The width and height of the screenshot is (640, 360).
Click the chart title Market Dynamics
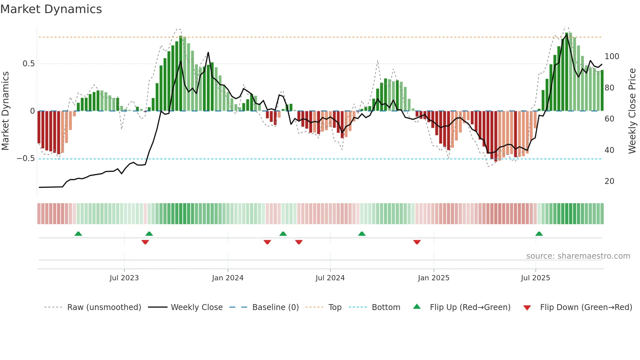[51, 9]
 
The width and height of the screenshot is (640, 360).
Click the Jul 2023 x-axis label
[124, 278]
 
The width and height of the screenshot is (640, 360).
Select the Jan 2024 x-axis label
[228, 278]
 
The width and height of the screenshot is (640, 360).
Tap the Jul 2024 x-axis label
[330, 278]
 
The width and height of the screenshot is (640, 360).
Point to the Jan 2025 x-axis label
[434, 278]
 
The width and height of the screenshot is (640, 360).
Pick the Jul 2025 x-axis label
[536, 278]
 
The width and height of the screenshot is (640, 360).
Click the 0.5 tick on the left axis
[29, 64]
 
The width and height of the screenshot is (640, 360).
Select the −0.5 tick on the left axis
[26, 159]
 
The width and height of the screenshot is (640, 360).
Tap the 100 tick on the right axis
[612, 57]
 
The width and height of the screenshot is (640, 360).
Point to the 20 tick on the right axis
[609, 181]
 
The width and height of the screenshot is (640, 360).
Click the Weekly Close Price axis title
[632, 111]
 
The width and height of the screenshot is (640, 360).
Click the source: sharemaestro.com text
[578, 256]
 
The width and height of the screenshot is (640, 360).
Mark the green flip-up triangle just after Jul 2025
[539, 234]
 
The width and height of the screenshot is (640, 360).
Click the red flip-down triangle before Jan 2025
[417, 242]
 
